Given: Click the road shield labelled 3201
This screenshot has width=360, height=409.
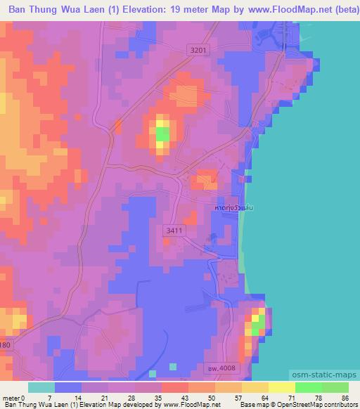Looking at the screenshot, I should pos(199,49).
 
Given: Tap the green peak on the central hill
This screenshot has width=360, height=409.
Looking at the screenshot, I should pos(162,133).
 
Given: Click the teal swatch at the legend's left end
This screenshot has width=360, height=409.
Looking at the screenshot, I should pos(41,387).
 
